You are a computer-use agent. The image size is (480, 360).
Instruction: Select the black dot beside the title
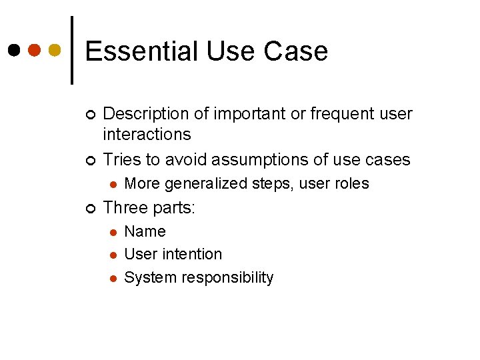[x=15, y=50]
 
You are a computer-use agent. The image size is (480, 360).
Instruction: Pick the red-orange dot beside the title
[x=35, y=50]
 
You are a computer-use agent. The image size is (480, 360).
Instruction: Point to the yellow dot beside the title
[x=55, y=50]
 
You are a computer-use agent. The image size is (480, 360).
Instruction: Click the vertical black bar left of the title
[x=72, y=50]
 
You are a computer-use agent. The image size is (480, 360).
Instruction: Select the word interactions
[x=147, y=134]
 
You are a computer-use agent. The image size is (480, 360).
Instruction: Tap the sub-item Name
[x=145, y=231]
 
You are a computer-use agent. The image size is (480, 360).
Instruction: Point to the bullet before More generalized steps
[x=113, y=184]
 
